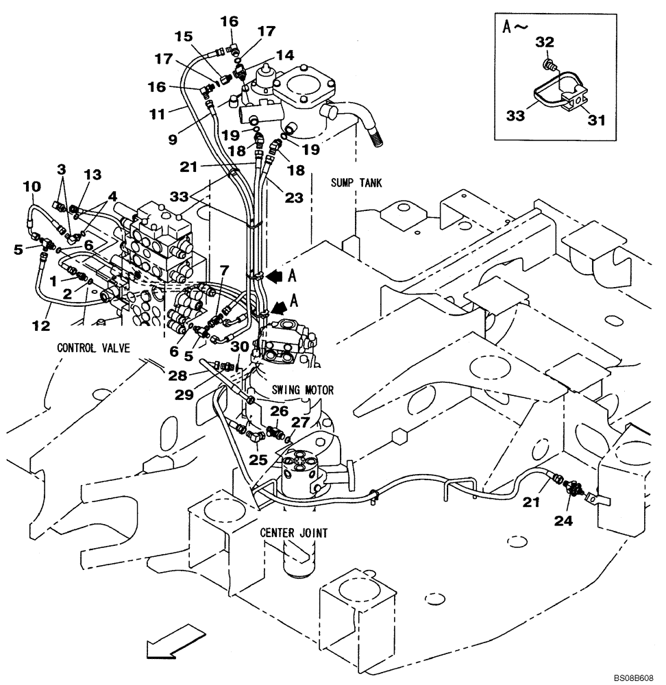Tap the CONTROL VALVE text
(93, 347)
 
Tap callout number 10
(32, 186)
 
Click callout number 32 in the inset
(544, 41)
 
